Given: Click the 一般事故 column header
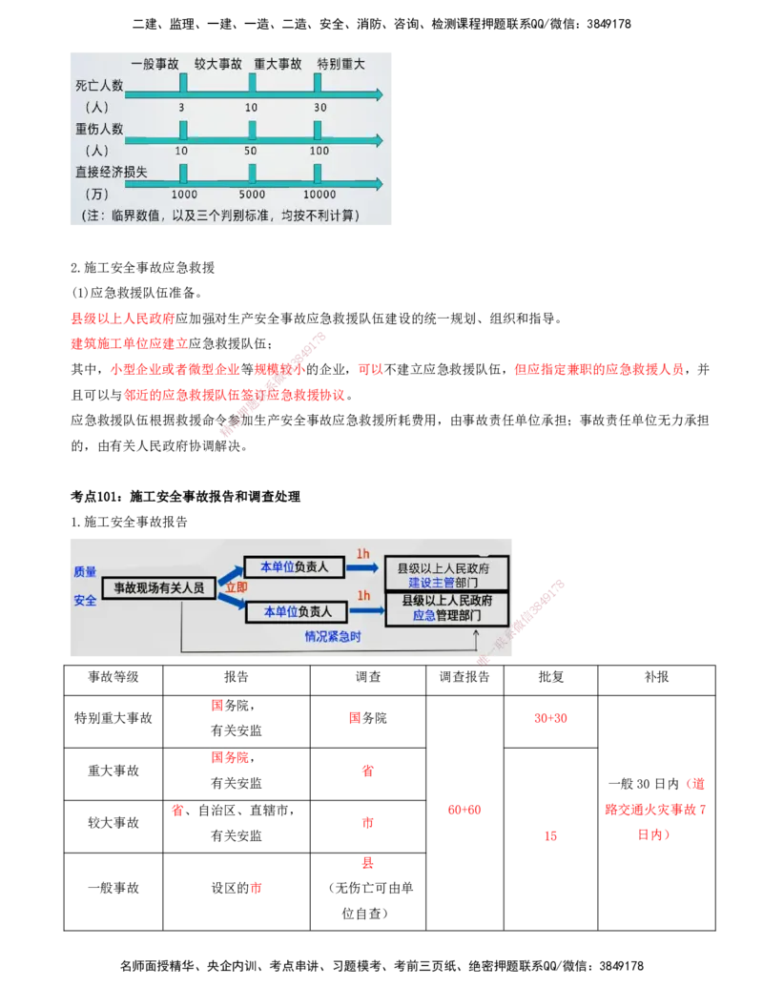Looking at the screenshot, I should click(155, 64).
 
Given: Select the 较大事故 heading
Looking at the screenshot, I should click(218, 64).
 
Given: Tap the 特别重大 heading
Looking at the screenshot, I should click(341, 64).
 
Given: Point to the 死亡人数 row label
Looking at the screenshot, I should click(98, 86).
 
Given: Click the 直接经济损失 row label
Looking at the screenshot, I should click(113, 173).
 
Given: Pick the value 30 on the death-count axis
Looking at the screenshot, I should click(320, 107).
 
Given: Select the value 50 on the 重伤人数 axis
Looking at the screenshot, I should click(251, 151).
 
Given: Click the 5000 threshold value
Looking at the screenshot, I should click(251, 195).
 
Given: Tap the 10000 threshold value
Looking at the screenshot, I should click(320, 195).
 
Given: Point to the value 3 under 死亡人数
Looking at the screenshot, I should click(181, 107).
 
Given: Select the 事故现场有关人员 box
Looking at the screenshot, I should click(159, 588).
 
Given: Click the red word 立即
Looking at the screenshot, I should click(235, 588).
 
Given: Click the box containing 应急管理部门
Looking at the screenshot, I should click(445, 608).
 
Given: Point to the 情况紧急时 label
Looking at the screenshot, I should click(332, 636).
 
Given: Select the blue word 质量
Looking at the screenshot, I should click(85, 572).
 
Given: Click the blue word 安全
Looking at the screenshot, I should click(85, 601).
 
